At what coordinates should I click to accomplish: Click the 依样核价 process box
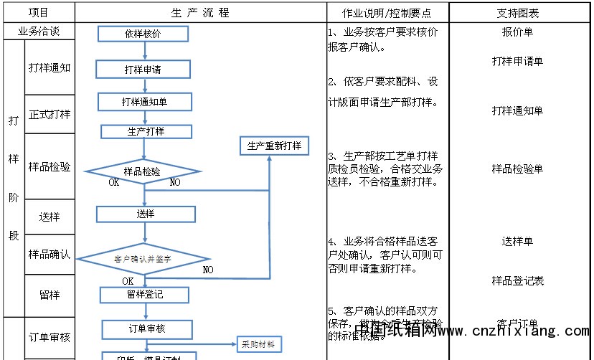tap(143, 34)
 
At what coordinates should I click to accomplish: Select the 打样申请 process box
tap(143, 70)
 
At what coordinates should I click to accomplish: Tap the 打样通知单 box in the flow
tap(145, 103)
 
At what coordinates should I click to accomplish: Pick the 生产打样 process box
tap(146, 131)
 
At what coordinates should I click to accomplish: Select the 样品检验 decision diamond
tap(143, 171)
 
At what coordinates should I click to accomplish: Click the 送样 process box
tap(146, 214)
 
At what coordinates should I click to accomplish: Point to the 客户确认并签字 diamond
tap(143, 258)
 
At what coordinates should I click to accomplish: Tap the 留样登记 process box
tap(144, 295)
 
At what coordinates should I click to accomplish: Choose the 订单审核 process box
tap(146, 328)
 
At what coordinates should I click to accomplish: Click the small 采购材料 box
tap(259, 344)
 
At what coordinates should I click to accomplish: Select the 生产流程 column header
tap(201, 13)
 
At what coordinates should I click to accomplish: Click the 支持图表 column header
tap(517, 13)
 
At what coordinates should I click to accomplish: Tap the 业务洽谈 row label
tap(38, 32)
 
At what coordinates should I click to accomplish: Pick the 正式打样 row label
tap(49, 114)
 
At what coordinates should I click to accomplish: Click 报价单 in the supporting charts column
tap(517, 32)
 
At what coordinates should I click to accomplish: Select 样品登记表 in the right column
tap(517, 280)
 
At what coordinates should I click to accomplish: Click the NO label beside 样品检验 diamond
tap(175, 182)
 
